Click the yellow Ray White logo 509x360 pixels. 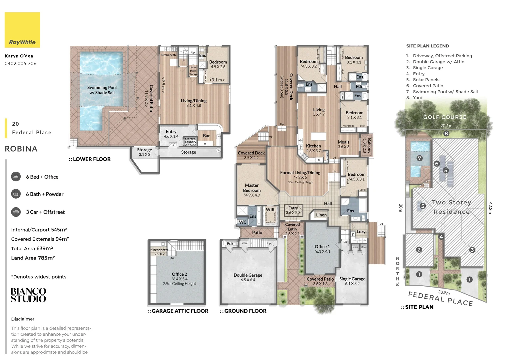[22, 30]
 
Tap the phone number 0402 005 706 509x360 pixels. [21, 63]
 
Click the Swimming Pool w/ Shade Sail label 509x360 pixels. [102, 90]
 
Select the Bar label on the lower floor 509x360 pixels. [206, 136]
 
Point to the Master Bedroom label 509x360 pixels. [252, 188]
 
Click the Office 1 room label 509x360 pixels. [322, 247]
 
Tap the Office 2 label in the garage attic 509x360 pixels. [179, 274]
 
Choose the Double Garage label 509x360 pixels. [248, 275]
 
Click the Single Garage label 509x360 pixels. [352, 279]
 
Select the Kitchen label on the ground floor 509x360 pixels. [313, 146]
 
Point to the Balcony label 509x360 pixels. [369, 146]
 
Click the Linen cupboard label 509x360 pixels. [321, 215]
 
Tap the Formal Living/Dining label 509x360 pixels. [300, 173]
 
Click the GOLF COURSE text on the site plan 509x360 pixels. [445, 117]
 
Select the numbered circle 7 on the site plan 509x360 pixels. [419, 158]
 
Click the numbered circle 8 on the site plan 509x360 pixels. [446, 133]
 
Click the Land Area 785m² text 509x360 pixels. [33, 258]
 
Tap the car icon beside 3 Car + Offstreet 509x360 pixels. [16, 212]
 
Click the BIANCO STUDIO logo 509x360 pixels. [28, 295]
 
